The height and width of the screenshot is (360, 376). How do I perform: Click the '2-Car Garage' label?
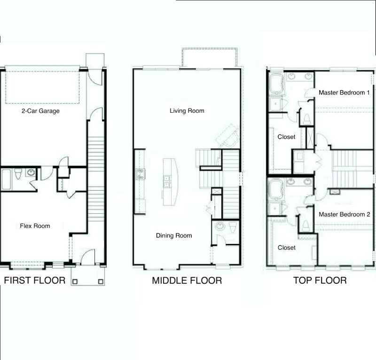pyautogui.click(x=39, y=111)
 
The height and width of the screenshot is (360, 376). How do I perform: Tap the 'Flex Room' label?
pyautogui.click(x=35, y=226)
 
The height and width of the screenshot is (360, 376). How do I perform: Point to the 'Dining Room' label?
pyautogui.click(x=174, y=235)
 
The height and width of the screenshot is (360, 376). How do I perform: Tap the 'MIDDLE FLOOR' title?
pyautogui.click(x=187, y=281)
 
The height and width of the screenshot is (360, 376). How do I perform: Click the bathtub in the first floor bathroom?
pyautogui.click(x=7, y=180)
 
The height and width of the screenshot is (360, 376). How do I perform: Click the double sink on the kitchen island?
pyautogui.click(x=167, y=181)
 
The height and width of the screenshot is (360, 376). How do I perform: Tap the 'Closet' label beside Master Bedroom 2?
pyautogui.click(x=286, y=248)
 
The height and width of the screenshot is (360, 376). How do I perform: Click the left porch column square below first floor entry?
pyautogui.click(x=75, y=281)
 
